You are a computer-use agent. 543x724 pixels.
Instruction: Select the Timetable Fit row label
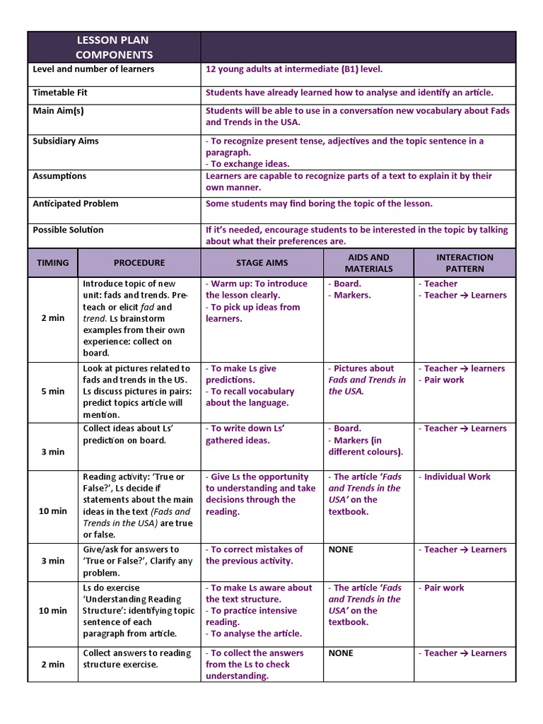tap(60, 93)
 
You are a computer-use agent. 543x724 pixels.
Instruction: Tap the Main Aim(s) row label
tap(58, 111)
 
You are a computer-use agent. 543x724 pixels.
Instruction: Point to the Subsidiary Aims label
tap(66, 141)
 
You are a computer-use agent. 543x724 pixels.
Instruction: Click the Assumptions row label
tap(59, 176)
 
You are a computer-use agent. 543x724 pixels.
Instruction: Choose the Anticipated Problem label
tap(76, 204)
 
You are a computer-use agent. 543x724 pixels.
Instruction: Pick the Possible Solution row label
tap(68, 230)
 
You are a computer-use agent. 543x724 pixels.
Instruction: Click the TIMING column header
tap(53, 263)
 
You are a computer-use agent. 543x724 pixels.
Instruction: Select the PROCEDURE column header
tap(139, 263)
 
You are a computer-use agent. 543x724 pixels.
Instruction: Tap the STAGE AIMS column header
tap(262, 263)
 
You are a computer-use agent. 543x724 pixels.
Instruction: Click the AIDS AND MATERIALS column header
tap(368, 263)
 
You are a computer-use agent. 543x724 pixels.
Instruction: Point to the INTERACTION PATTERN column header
tap(465, 263)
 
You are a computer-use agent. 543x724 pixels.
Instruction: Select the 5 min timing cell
tap(53, 392)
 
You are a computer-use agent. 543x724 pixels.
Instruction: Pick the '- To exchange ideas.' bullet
tap(247, 164)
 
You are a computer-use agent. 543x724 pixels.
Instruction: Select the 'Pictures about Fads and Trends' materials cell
tap(367, 380)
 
